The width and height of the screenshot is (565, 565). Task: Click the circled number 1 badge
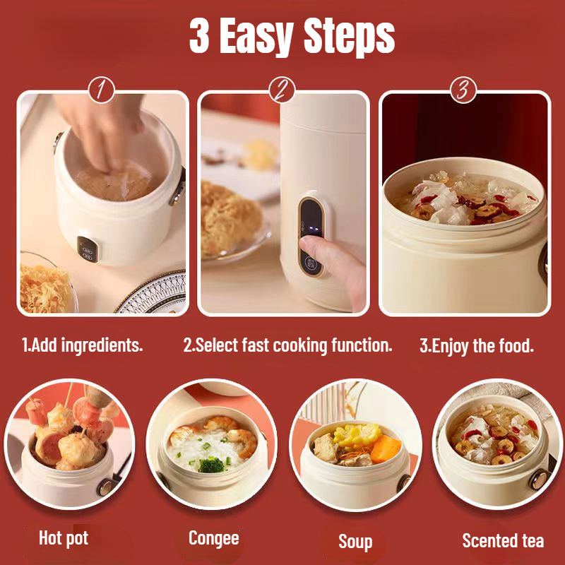pyautogui.click(x=101, y=90)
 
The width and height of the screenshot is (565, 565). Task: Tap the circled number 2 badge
pyautogui.click(x=282, y=90)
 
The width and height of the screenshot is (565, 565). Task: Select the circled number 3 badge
pyautogui.click(x=463, y=90)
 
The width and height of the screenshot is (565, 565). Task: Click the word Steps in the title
pyautogui.click(x=349, y=36)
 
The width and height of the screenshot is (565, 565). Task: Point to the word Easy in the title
pyautogui.click(x=255, y=37)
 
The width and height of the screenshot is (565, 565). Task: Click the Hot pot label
pyautogui.click(x=64, y=538)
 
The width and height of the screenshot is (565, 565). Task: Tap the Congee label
pyautogui.click(x=214, y=539)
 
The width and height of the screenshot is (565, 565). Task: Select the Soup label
pyautogui.click(x=355, y=542)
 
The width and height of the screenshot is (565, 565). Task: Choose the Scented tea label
pyautogui.click(x=503, y=540)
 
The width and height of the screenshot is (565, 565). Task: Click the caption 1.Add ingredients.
pyautogui.click(x=82, y=345)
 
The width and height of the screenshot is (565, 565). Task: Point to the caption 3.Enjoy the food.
pyautogui.click(x=477, y=345)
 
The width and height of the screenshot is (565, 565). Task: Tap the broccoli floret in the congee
pyautogui.click(x=210, y=464)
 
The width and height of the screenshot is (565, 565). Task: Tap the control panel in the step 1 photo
pyautogui.click(x=88, y=249)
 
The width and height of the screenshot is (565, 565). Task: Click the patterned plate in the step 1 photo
pyautogui.click(x=154, y=294)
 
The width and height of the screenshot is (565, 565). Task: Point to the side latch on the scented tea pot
pyautogui.click(x=540, y=480)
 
